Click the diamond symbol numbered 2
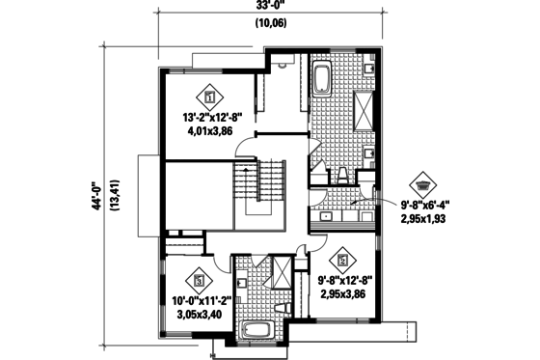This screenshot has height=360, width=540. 342,259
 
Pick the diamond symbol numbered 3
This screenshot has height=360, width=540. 200,281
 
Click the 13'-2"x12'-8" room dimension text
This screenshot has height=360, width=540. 211,118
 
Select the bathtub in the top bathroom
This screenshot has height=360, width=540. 321,76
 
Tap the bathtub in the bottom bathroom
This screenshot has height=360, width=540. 257,331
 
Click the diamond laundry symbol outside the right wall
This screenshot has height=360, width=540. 422,182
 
